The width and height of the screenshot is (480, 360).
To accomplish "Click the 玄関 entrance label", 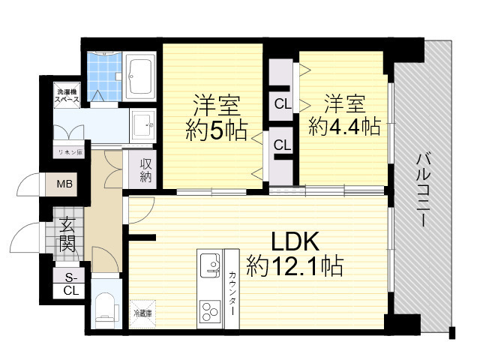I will (x=67, y=234).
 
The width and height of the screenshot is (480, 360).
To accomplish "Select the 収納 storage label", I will (x=145, y=170).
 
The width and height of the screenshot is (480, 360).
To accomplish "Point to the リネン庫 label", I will (x=70, y=151).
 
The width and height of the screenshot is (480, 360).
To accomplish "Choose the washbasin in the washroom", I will (x=141, y=122).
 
